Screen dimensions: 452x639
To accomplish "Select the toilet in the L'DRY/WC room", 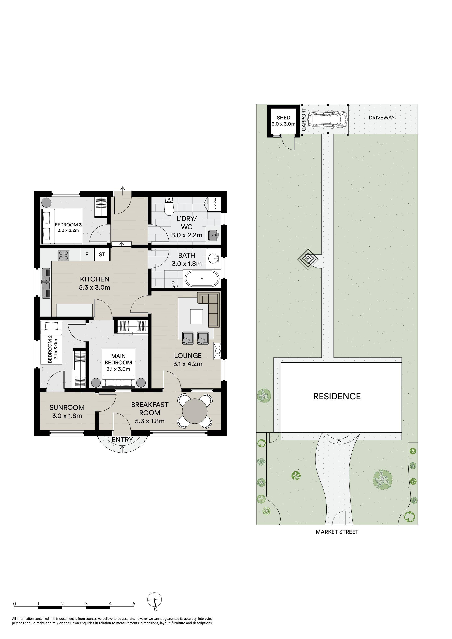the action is pyautogui.click(x=169, y=206).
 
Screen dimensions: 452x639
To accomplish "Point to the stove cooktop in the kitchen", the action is pyautogui.click(x=63, y=255).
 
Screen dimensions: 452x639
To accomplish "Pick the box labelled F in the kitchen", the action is pyautogui.click(x=87, y=254).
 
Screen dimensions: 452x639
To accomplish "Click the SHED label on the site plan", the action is pyautogui.click(x=283, y=118).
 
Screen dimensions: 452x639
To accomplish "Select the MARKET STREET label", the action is pyautogui.click(x=337, y=532).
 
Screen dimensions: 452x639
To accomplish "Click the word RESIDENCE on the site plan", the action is pyautogui.click(x=337, y=396).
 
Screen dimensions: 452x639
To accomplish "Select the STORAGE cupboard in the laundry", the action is pyautogui.click(x=215, y=204).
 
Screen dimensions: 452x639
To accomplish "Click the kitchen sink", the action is pyautogui.click(x=46, y=283).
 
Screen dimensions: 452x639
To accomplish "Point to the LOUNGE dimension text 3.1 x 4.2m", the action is pyautogui.click(x=188, y=364).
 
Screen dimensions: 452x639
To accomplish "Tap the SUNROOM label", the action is pyautogui.click(x=67, y=407).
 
